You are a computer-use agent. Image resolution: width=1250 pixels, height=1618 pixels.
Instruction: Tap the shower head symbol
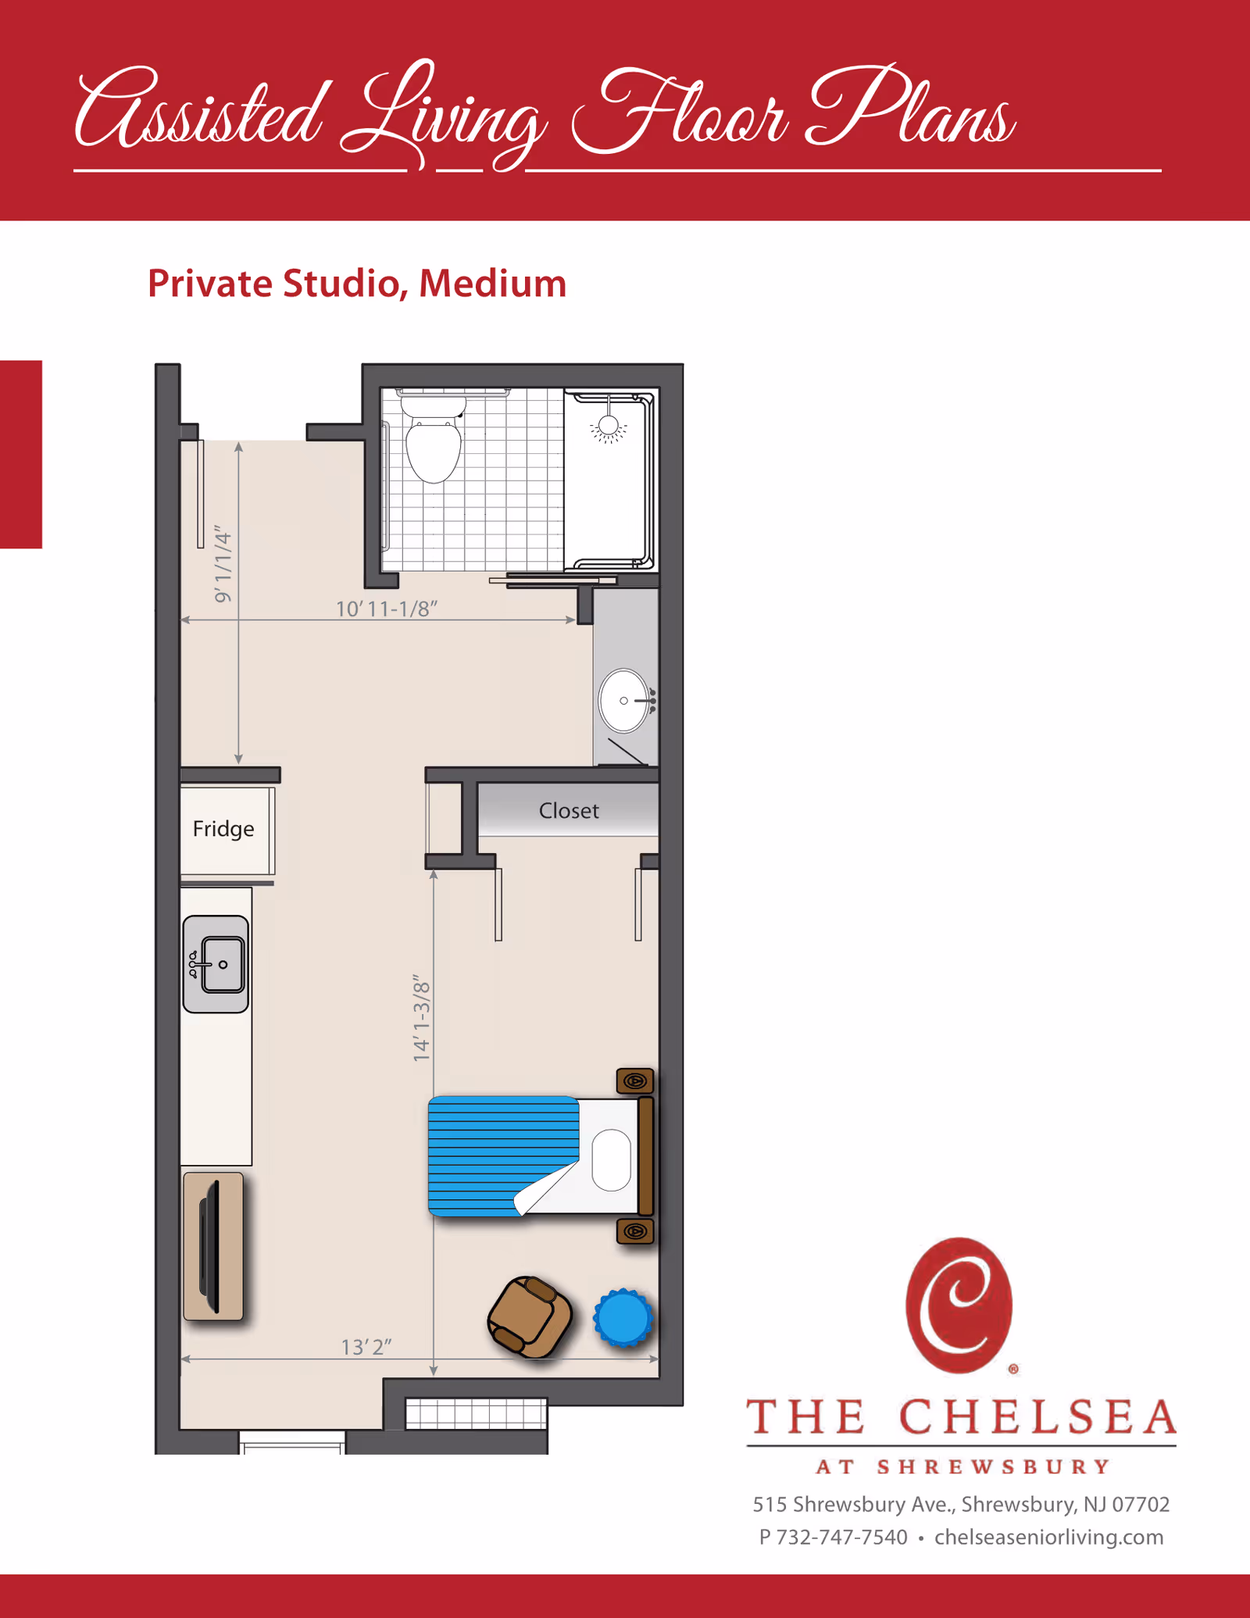[609, 427]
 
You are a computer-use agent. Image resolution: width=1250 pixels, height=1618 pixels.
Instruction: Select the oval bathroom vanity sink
[625, 701]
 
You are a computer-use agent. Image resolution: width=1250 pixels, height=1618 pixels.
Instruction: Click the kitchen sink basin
[222, 965]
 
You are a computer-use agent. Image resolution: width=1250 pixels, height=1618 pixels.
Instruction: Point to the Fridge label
[223, 829]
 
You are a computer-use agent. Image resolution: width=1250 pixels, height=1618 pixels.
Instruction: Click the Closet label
[569, 811]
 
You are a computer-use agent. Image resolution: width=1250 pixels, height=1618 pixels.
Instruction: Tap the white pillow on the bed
[612, 1159]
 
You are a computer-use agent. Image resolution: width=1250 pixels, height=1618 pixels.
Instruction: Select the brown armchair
[530, 1317]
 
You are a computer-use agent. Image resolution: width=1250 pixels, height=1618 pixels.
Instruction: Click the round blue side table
[623, 1318]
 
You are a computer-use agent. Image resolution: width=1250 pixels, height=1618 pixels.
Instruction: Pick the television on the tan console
[210, 1247]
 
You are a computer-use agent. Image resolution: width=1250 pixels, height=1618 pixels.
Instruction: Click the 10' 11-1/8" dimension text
[387, 609]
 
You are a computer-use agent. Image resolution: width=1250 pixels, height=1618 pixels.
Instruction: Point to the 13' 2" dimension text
[366, 1348]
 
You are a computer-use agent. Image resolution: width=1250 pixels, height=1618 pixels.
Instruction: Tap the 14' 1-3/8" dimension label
[422, 1017]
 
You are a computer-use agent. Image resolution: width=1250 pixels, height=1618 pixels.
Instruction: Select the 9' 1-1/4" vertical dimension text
[223, 565]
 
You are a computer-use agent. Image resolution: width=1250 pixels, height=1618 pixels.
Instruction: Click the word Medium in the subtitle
[492, 284]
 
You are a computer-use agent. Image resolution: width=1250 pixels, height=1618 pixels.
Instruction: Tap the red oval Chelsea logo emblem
[959, 1305]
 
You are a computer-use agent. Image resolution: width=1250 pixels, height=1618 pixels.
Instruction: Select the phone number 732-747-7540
[842, 1538]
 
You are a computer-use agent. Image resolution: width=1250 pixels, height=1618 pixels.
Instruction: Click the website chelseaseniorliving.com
[1048, 1538]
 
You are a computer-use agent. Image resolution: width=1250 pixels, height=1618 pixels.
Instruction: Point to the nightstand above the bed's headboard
[635, 1081]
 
